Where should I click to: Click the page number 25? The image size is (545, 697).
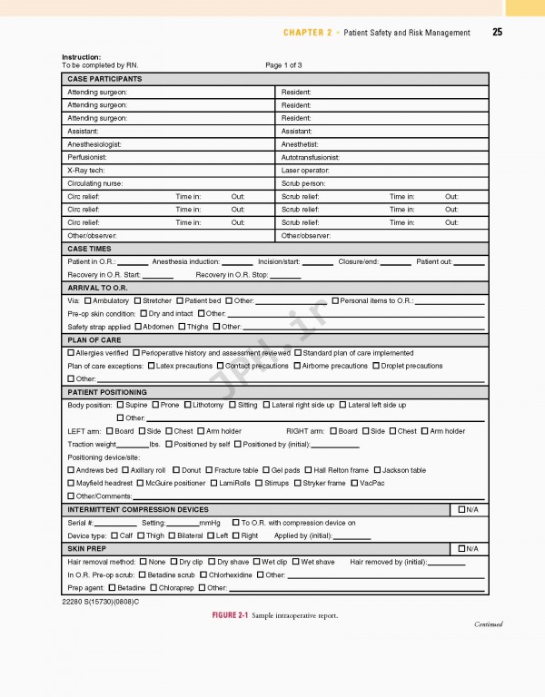(x=497, y=33)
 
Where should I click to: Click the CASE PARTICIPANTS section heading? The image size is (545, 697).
(x=104, y=79)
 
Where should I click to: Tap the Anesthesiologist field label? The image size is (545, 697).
(x=94, y=144)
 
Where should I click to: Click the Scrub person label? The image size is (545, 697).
(x=303, y=183)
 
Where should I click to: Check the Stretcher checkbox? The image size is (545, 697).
(x=138, y=300)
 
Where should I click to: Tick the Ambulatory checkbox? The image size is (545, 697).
(x=88, y=300)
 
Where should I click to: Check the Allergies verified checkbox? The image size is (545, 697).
(x=72, y=353)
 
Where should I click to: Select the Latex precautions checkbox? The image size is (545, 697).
(x=152, y=366)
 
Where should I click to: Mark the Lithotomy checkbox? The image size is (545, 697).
(x=188, y=405)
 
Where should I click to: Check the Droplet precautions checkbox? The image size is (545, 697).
(x=376, y=366)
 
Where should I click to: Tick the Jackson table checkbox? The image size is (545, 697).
(x=378, y=470)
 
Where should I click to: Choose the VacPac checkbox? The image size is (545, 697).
(x=355, y=483)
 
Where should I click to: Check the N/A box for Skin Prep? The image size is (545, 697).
(x=462, y=549)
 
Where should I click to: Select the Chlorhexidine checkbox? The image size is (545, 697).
(x=204, y=574)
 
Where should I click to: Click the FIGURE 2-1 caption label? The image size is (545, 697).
(x=230, y=615)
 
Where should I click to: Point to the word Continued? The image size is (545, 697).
(x=488, y=624)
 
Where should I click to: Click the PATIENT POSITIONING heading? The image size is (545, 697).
(x=107, y=392)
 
